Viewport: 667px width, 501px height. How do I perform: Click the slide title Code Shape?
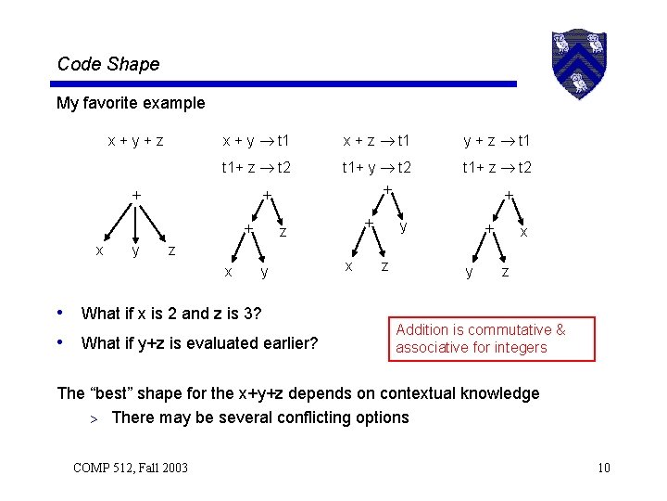(x=108, y=64)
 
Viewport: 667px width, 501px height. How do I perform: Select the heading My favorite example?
(x=131, y=103)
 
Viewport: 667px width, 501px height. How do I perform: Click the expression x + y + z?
(x=135, y=141)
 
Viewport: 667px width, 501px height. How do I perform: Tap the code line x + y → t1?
(x=255, y=141)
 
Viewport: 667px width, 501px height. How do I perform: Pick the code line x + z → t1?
(x=376, y=141)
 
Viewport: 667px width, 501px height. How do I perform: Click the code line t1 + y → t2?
(x=376, y=168)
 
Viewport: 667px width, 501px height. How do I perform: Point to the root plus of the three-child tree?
(x=136, y=196)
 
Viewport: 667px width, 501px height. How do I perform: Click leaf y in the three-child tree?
(x=136, y=250)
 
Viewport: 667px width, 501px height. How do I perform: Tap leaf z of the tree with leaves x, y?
(x=283, y=231)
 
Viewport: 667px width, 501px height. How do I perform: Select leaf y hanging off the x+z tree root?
(x=403, y=226)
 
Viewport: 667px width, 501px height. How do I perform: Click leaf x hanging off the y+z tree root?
(x=524, y=232)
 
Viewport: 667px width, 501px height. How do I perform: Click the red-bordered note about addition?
(x=492, y=339)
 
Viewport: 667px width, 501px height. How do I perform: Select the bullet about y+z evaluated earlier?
(x=199, y=343)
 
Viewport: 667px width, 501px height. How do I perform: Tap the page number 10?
(x=603, y=467)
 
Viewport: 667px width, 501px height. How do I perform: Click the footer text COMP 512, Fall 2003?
(x=130, y=467)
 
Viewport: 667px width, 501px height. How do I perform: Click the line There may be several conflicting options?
(x=259, y=417)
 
